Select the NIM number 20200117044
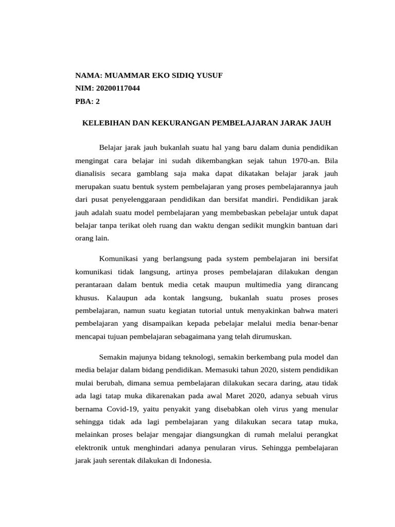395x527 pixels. [118, 88]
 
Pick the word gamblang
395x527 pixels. [149, 173]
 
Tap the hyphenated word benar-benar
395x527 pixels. [318, 323]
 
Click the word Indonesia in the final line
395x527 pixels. [193, 461]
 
